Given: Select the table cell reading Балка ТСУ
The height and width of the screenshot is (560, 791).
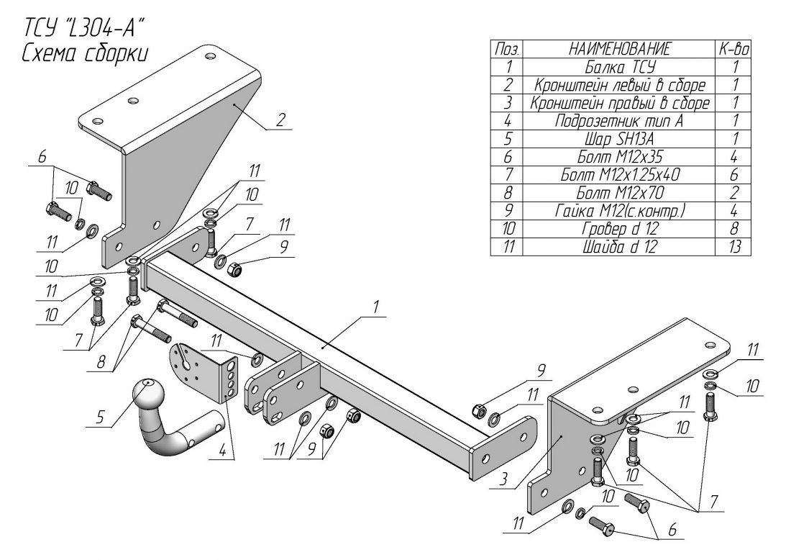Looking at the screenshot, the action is [x=619, y=67].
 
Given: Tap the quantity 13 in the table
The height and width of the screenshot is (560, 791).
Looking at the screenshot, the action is [x=734, y=247].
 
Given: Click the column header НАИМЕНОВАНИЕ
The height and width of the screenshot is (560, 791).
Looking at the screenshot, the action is [x=619, y=49].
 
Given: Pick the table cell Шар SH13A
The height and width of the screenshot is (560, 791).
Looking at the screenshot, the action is [x=619, y=139].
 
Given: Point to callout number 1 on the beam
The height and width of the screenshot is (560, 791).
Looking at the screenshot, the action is [x=375, y=307].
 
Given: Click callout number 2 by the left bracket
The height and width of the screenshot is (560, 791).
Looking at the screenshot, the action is [x=281, y=119].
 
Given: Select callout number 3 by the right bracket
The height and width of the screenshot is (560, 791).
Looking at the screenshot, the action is [x=503, y=479].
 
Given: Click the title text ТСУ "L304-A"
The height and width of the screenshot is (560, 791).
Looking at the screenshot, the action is [x=80, y=28].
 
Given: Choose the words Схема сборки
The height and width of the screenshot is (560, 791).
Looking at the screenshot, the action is [x=85, y=53].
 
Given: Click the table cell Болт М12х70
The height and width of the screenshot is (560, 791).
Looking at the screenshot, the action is [x=619, y=193].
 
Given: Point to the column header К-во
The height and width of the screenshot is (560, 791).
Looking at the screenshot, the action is [x=733, y=49].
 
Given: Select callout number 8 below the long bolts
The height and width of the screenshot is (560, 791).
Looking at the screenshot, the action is [x=101, y=362].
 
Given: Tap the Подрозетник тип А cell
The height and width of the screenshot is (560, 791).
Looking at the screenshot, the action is [x=619, y=121].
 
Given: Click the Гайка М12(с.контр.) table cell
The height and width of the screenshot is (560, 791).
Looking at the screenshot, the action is [x=619, y=211].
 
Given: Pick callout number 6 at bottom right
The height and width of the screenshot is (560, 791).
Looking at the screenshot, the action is [x=672, y=530].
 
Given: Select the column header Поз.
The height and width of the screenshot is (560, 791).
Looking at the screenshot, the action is [x=508, y=49].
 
